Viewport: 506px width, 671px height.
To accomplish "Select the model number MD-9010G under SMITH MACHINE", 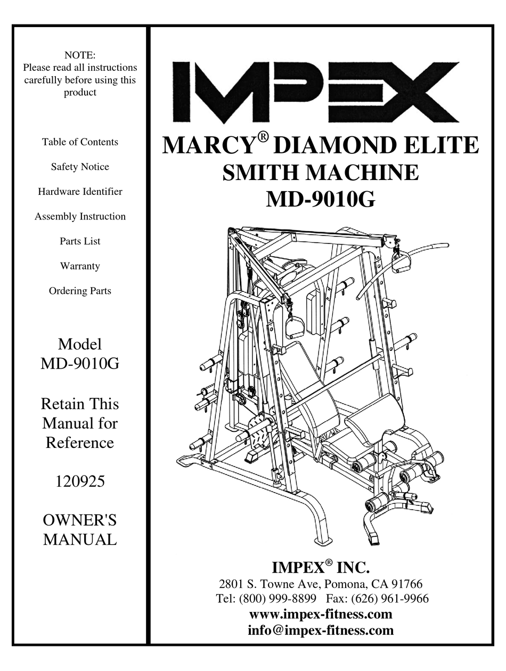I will coord(320,200).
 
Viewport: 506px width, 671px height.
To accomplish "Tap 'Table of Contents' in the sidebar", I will coord(80,142).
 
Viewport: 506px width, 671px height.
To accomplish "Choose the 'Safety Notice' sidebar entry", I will coord(80,167).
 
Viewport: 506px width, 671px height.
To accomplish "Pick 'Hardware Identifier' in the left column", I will coord(80,191).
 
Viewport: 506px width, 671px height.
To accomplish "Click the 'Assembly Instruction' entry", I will coord(80,216).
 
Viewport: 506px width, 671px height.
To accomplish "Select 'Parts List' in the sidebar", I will coord(80,241).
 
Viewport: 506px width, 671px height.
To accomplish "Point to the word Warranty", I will coord(80,266).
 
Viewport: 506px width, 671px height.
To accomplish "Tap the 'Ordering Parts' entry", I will coord(80,291).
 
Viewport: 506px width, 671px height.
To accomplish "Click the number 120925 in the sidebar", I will coord(80,482).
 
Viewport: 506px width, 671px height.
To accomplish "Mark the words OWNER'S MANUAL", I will coord(80,529).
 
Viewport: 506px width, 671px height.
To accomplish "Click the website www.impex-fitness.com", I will coord(321,614).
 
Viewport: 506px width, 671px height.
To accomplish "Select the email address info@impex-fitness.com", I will coord(321,631).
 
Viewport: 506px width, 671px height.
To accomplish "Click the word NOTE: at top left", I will coord(80,55).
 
